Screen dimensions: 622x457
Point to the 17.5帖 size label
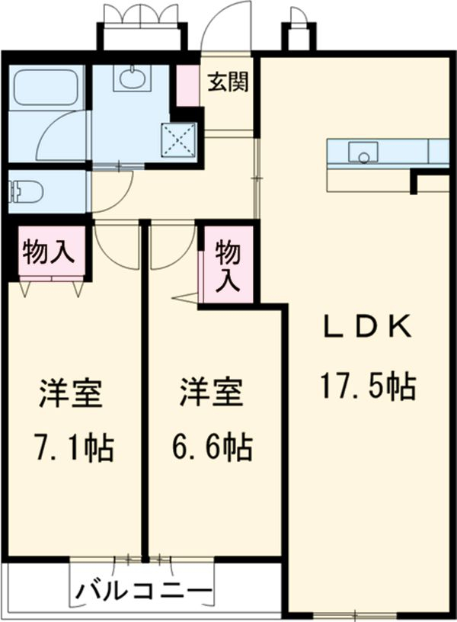click(x=366, y=386)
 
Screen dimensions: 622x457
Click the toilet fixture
click(x=27, y=191)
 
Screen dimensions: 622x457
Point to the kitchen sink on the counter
click(x=363, y=152)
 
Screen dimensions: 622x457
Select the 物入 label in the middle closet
click(x=226, y=265)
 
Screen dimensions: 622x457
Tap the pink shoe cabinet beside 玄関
click(x=187, y=85)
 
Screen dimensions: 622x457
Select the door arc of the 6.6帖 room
click(x=171, y=248)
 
